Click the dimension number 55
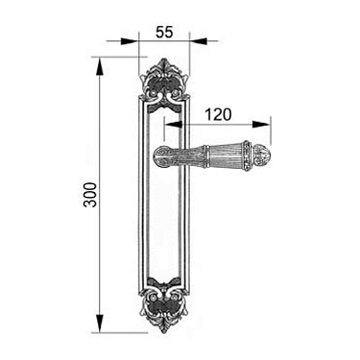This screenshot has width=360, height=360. point(164,32)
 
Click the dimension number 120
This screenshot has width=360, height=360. point(218,114)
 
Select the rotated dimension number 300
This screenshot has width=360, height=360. point(90,195)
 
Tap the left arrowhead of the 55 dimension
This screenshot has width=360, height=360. point(130,41)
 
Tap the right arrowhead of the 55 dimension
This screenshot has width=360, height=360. point(198,41)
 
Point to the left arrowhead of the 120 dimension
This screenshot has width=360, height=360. point(173,124)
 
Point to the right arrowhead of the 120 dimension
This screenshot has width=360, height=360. point(261,124)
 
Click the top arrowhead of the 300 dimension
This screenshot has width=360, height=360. point(100,66)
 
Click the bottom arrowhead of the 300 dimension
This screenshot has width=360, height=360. point(100,324)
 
